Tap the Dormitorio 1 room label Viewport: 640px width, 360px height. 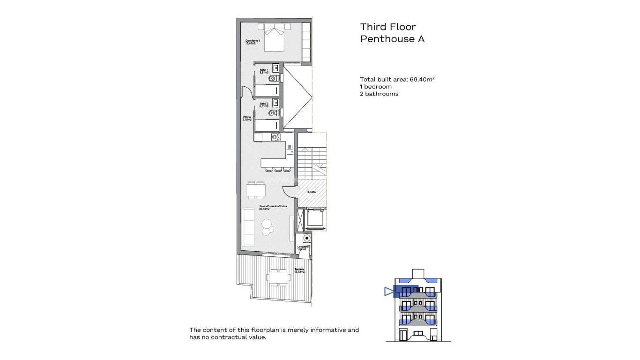pyautogui.click(x=253, y=42)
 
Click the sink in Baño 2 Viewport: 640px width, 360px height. pyautogui.click(x=275, y=102)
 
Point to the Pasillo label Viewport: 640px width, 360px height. pyautogui.click(x=247, y=119)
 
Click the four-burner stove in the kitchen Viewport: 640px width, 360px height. pyautogui.click(x=275, y=137)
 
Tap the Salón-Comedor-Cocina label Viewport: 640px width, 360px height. pyautogui.click(x=273, y=208)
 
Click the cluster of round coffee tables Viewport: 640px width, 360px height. pyautogui.click(x=268, y=227)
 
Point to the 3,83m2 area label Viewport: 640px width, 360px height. pyautogui.click(x=312, y=192)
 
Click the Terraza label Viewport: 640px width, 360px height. pyautogui.click(x=299, y=270)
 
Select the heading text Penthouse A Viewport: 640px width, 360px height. pyautogui.click(x=392, y=39)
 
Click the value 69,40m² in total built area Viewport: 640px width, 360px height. pyautogui.click(x=422, y=79)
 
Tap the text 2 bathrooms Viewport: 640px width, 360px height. pyautogui.click(x=379, y=94)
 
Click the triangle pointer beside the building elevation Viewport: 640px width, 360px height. pyautogui.click(x=387, y=292)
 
